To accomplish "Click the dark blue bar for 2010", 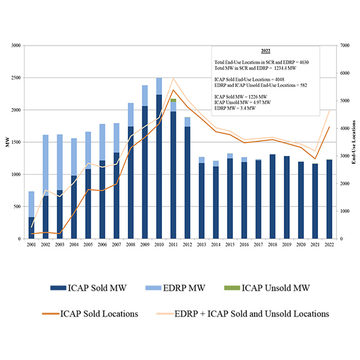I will [159, 168].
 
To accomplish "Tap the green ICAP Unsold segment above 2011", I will [173, 100].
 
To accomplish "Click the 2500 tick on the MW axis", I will [16, 78].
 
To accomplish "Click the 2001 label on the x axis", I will [31, 245].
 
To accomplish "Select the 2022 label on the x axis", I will [329, 245].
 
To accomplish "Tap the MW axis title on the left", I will [7, 142].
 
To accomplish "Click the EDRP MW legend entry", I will [188, 289].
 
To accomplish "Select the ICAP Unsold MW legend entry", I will [277, 289].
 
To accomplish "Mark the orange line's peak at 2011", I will [173, 90].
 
